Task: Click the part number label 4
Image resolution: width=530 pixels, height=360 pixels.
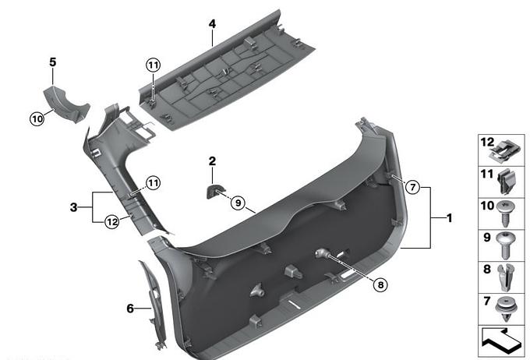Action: pyautogui.click(x=212, y=24)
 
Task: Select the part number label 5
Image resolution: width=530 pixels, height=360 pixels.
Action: pyautogui.click(x=53, y=62)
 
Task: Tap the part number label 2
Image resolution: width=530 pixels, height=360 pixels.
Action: pyautogui.click(x=212, y=161)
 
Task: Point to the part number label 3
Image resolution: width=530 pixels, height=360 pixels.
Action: pyautogui.click(x=74, y=207)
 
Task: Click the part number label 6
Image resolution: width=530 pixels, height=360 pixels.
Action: pyautogui.click(x=130, y=309)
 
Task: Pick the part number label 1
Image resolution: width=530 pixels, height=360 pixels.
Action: pyautogui.click(x=449, y=218)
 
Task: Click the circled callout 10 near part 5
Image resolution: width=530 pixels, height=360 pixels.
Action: pyautogui.click(x=37, y=118)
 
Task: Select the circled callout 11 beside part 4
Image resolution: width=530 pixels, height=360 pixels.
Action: pyautogui.click(x=153, y=65)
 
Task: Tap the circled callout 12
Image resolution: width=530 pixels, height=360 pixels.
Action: pyautogui.click(x=112, y=222)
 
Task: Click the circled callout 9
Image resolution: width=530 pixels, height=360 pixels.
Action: pyautogui.click(x=238, y=203)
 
